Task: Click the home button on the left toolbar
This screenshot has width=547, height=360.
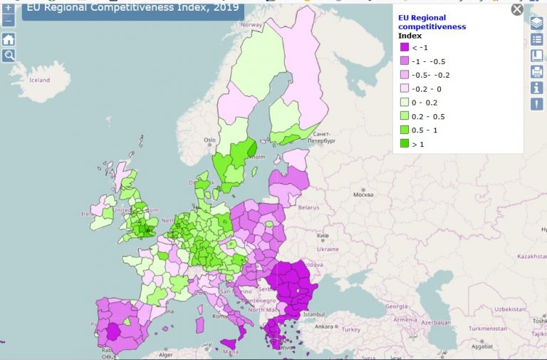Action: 9,39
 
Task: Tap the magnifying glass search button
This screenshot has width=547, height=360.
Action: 9,55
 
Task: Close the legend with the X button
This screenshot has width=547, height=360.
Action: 517,9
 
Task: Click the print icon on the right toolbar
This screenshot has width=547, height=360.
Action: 536,71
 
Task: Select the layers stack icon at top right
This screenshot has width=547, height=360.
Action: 536,23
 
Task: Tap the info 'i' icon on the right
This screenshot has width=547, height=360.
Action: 536,88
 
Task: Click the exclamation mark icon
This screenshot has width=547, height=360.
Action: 536,104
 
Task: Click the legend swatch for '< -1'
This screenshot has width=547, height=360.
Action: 404,48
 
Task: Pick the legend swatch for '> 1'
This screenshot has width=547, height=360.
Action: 404,143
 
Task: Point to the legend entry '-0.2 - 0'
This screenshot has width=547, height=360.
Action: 427,88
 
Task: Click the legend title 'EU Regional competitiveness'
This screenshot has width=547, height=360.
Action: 432,21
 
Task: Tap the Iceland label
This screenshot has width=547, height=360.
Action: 39,81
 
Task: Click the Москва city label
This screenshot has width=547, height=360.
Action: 363,195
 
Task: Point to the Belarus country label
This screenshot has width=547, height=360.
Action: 308,207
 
